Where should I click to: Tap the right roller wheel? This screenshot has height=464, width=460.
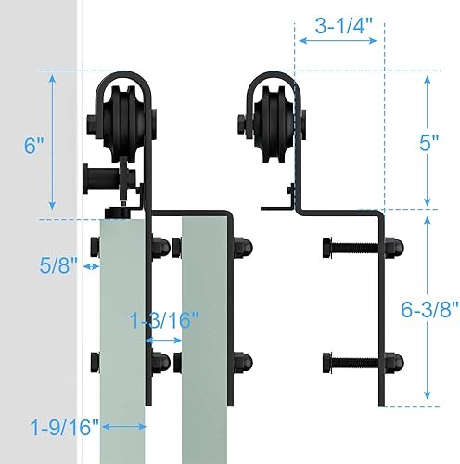(x=274, y=118)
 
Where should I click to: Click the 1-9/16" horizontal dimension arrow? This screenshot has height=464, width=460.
(x=121, y=427)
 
